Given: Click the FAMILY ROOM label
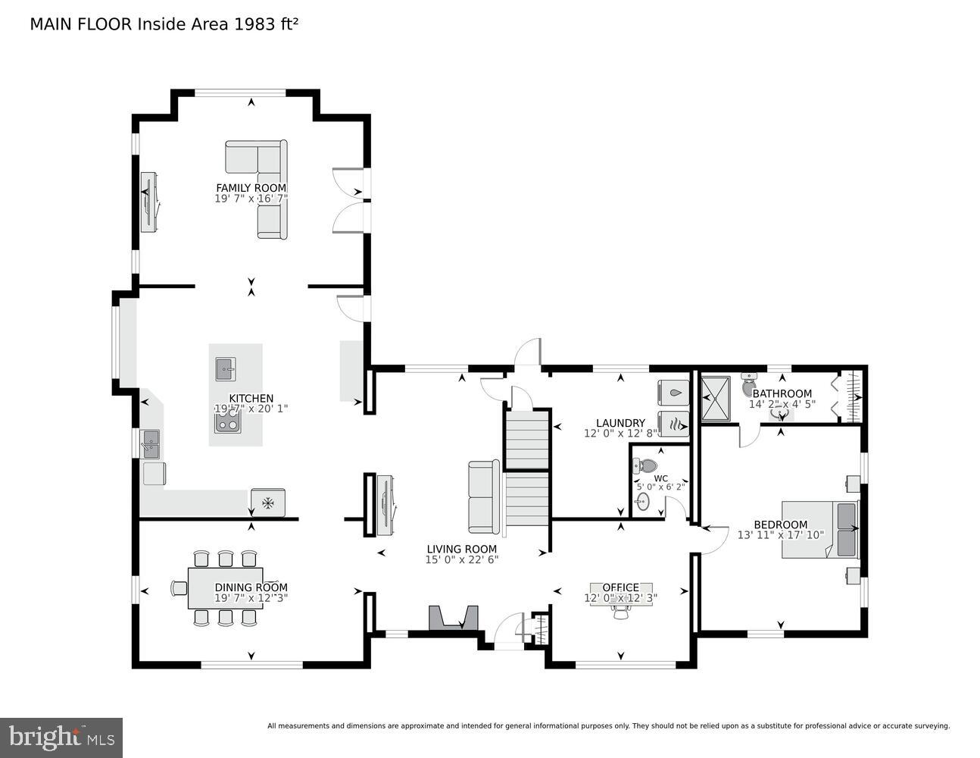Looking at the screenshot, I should [x=251, y=188].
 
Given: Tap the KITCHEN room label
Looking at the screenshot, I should [x=251, y=398].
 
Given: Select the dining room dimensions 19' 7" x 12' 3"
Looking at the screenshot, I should [x=251, y=597].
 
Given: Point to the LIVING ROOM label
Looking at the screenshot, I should [x=461, y=550].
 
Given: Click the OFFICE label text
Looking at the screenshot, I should [x=620, y=587].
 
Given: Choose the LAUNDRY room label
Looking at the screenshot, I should [x=620, y=423].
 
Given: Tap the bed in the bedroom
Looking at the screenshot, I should [x=820, y=529].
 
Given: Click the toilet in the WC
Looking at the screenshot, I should [x=646, y=465].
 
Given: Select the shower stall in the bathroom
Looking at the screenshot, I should [x=714, y=398].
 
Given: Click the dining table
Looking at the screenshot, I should [x=225, y=587].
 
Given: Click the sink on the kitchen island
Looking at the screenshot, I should [x=225, y=369].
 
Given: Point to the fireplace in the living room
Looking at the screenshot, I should [x=454, y=618].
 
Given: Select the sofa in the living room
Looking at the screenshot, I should [x=483, y=496].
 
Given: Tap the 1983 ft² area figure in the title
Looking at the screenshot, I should [x=266, y=24].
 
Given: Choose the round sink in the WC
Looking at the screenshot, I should [x=643, y=501].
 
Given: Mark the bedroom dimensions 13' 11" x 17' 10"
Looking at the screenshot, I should [x=780, y=535].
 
